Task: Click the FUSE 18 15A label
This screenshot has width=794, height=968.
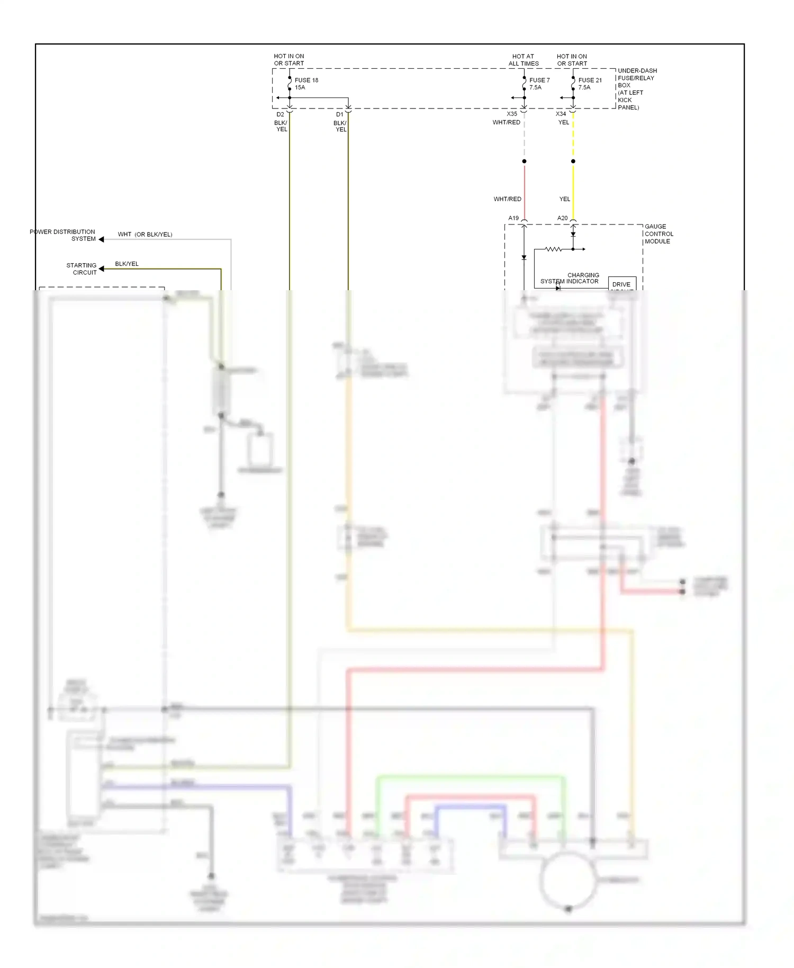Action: (306, 84)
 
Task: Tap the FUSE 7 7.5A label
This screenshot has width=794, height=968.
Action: (539, 84)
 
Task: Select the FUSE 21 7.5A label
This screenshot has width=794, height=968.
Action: (589, 84)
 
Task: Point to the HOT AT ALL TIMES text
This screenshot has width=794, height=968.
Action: (524, 60)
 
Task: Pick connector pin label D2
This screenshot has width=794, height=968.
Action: (280, 114)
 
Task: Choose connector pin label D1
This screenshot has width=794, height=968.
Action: (339, 114)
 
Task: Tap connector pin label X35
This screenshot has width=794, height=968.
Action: (511, 114)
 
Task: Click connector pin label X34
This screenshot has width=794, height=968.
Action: (561, 114)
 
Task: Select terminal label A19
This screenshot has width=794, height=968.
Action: (513, 218)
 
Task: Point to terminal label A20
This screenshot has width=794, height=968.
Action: (562, 218)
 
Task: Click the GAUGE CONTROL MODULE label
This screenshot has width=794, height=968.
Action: (658, 234)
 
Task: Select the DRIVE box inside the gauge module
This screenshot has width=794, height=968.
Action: (621, 284)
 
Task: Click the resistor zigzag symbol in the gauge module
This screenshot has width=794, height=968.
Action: (553, 249)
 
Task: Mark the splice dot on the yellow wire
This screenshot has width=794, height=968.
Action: (573, 161)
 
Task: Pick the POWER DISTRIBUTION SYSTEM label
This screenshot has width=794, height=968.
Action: (63, 235)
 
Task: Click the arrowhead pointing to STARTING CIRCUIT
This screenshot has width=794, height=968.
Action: (101, 269)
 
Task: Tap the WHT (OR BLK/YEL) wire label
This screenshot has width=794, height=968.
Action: (145, 234)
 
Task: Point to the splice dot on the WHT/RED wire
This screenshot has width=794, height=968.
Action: (524, 161)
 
